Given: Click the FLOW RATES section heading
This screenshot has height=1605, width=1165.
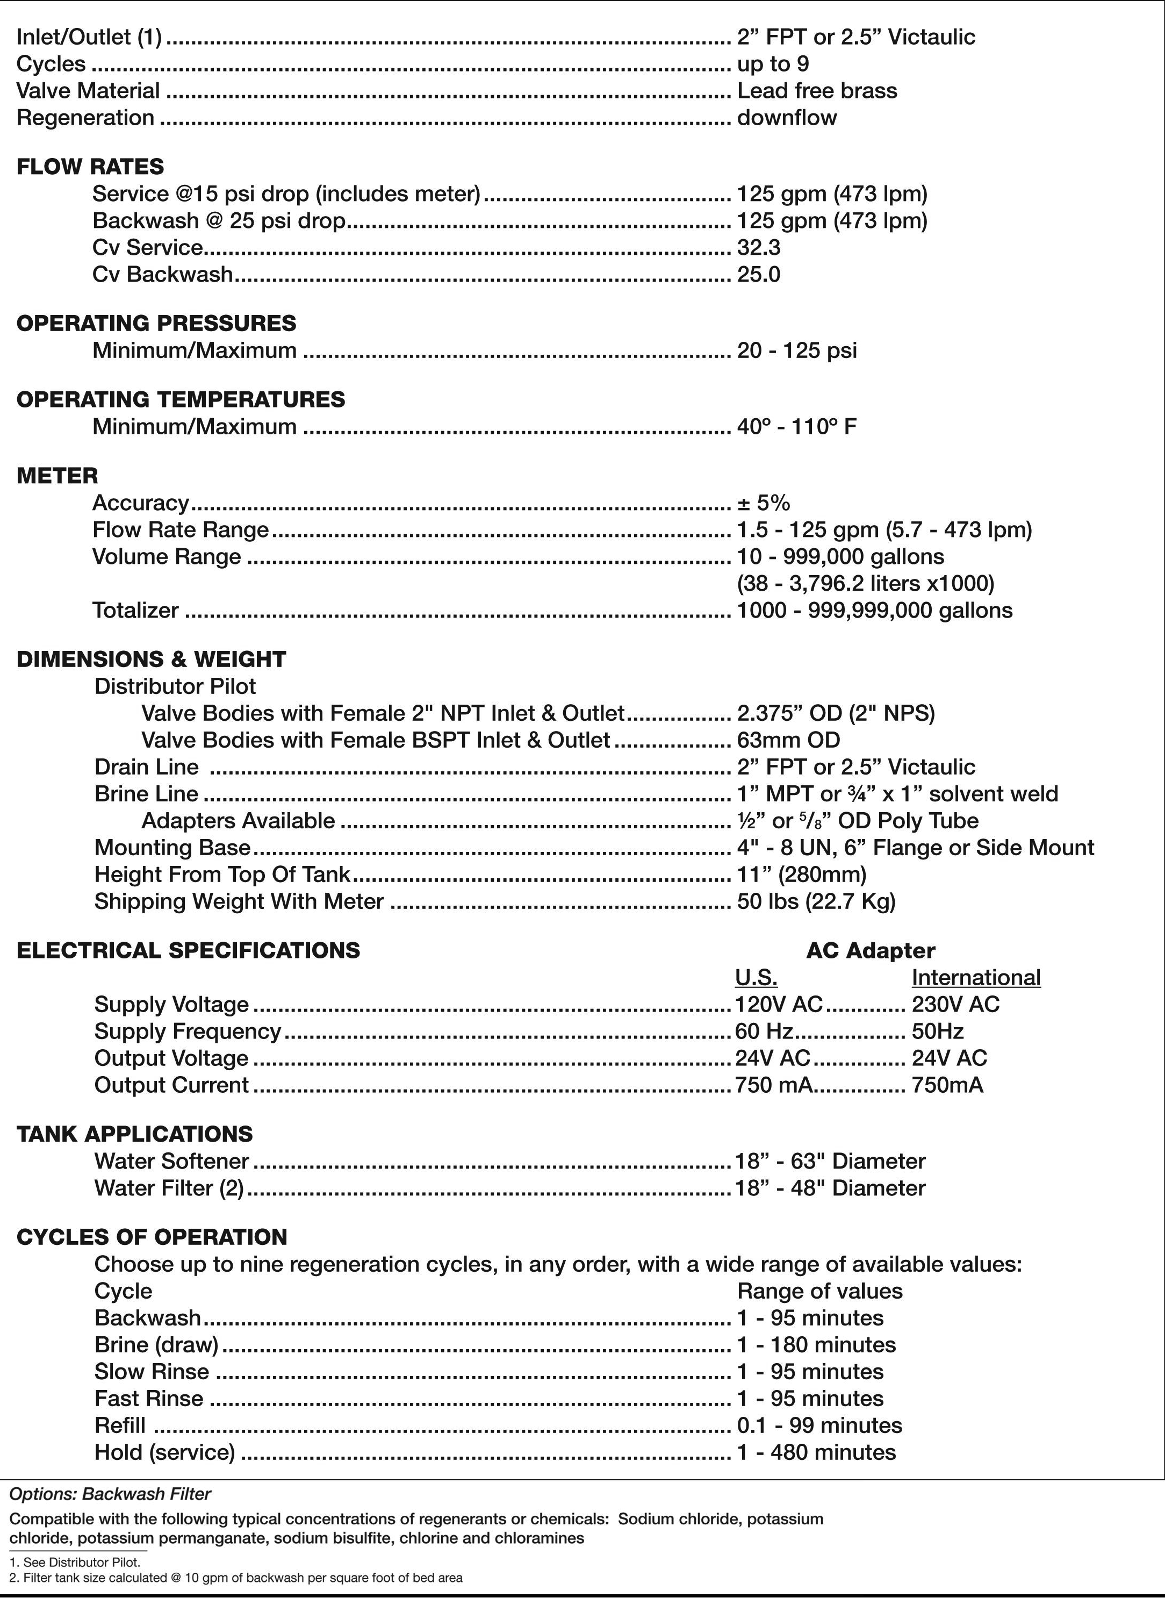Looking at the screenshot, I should tap(90, 167).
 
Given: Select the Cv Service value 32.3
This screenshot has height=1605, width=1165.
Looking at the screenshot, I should tap(758, 248).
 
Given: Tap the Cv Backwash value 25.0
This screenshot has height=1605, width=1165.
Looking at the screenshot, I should tap(758, 275).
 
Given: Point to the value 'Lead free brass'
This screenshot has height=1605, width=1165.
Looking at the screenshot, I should tap(816, 91).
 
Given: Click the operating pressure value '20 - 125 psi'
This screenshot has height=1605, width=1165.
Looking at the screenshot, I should tap(796, 350).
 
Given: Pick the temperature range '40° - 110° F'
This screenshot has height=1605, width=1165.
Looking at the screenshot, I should tap(796, 427).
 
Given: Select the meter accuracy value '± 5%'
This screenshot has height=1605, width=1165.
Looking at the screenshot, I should tap(763, 503).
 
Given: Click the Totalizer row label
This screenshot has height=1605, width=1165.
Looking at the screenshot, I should tap(135, 611).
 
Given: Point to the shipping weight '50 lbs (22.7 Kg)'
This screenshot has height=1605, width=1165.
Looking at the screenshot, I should tap(816, 901).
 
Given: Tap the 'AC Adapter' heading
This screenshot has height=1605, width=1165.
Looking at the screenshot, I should tap(870, 950).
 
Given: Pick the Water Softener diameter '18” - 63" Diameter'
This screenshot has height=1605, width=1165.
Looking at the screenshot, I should tap(830, 1162).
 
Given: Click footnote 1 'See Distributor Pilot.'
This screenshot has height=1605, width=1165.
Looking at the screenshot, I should tap(75, 1562).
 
